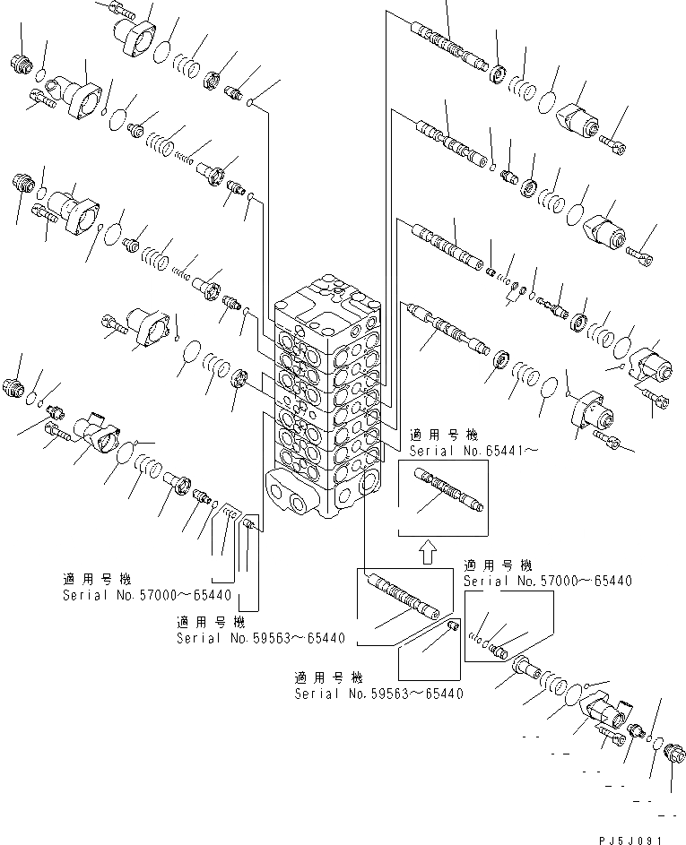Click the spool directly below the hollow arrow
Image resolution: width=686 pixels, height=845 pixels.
(401, 595)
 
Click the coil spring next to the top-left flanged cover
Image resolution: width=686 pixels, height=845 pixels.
(187, 65)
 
